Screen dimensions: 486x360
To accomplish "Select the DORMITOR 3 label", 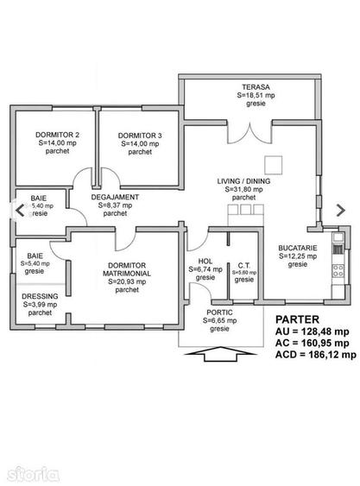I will (x=139, y=135).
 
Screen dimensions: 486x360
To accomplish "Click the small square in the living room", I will (x=275, y=163).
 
